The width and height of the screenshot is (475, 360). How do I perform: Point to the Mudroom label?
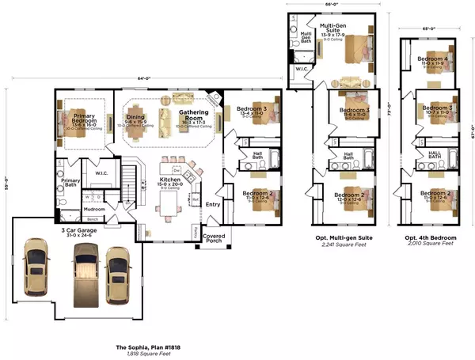94,210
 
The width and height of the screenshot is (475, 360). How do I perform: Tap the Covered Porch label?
214,238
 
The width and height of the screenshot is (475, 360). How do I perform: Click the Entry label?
213,205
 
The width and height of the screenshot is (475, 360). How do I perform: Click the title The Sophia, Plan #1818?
146,347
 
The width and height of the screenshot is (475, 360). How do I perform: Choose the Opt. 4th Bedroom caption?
430,238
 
